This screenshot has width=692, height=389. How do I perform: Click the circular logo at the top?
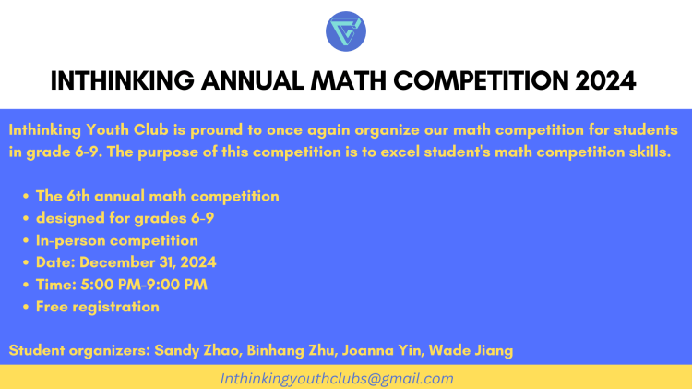coord(346,30)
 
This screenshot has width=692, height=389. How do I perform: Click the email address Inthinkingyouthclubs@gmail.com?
coord(337,379)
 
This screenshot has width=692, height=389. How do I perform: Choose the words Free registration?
coord(98,307)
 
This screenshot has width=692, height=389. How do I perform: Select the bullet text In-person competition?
coord(117,240)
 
